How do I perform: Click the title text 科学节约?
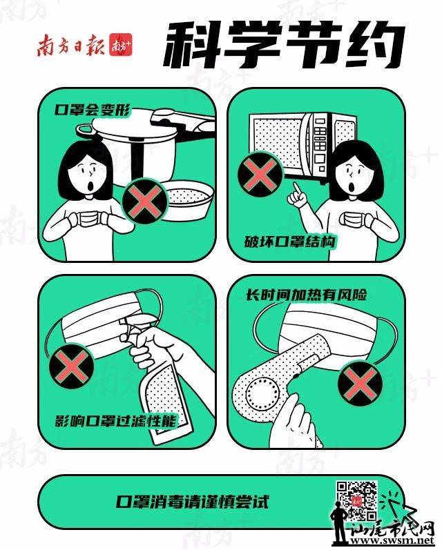pyautogui.click(x=284, y=45)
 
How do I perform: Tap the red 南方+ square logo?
pyautogui.click(x=120, y=45)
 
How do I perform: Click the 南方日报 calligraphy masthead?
pyautogui.click(x=71, y=46)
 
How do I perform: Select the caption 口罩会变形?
pyautogui.click(x=93, y=110)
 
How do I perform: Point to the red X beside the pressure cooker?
pyautogui.click(x=144, y=202)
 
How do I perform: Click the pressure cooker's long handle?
pyautogui.click(x=182, y=123)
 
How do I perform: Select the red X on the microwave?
pyautogui.click(x=260, y=175)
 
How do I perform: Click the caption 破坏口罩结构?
pyautogui.click(x=289, y=242)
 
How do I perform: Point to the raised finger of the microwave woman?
pyautogui.click(x=297, y=188)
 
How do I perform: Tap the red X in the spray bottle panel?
pyautogui.click(x=72, y=366)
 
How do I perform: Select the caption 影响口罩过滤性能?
pyautogui.click(x=115, y=420)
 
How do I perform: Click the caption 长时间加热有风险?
pyautogui.click(x=306, y=295)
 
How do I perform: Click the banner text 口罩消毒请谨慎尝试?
pyautogui.click(x=193, y=502)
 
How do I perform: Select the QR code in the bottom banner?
pyautogui.click(x=357, y=500)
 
